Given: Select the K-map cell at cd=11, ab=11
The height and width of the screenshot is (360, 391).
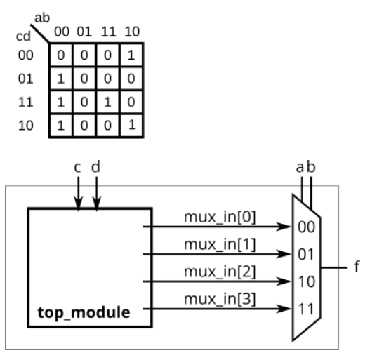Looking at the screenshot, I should (x=107, y=102).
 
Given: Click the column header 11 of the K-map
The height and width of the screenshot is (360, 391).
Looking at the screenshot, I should (x=107, y=32).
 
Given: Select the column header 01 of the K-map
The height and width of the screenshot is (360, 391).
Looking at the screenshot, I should (x=84, y=32).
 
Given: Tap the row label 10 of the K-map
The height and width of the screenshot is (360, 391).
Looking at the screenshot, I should (x=25, y=126).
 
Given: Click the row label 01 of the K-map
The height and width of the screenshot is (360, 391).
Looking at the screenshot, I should (x=25, y=79).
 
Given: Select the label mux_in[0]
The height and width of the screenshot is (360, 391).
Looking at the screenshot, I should (x=220, y=216).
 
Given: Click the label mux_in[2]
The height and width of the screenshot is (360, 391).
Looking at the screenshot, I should (x=220, y=271).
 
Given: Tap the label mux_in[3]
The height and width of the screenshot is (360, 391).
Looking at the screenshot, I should (x=220, y=298).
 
